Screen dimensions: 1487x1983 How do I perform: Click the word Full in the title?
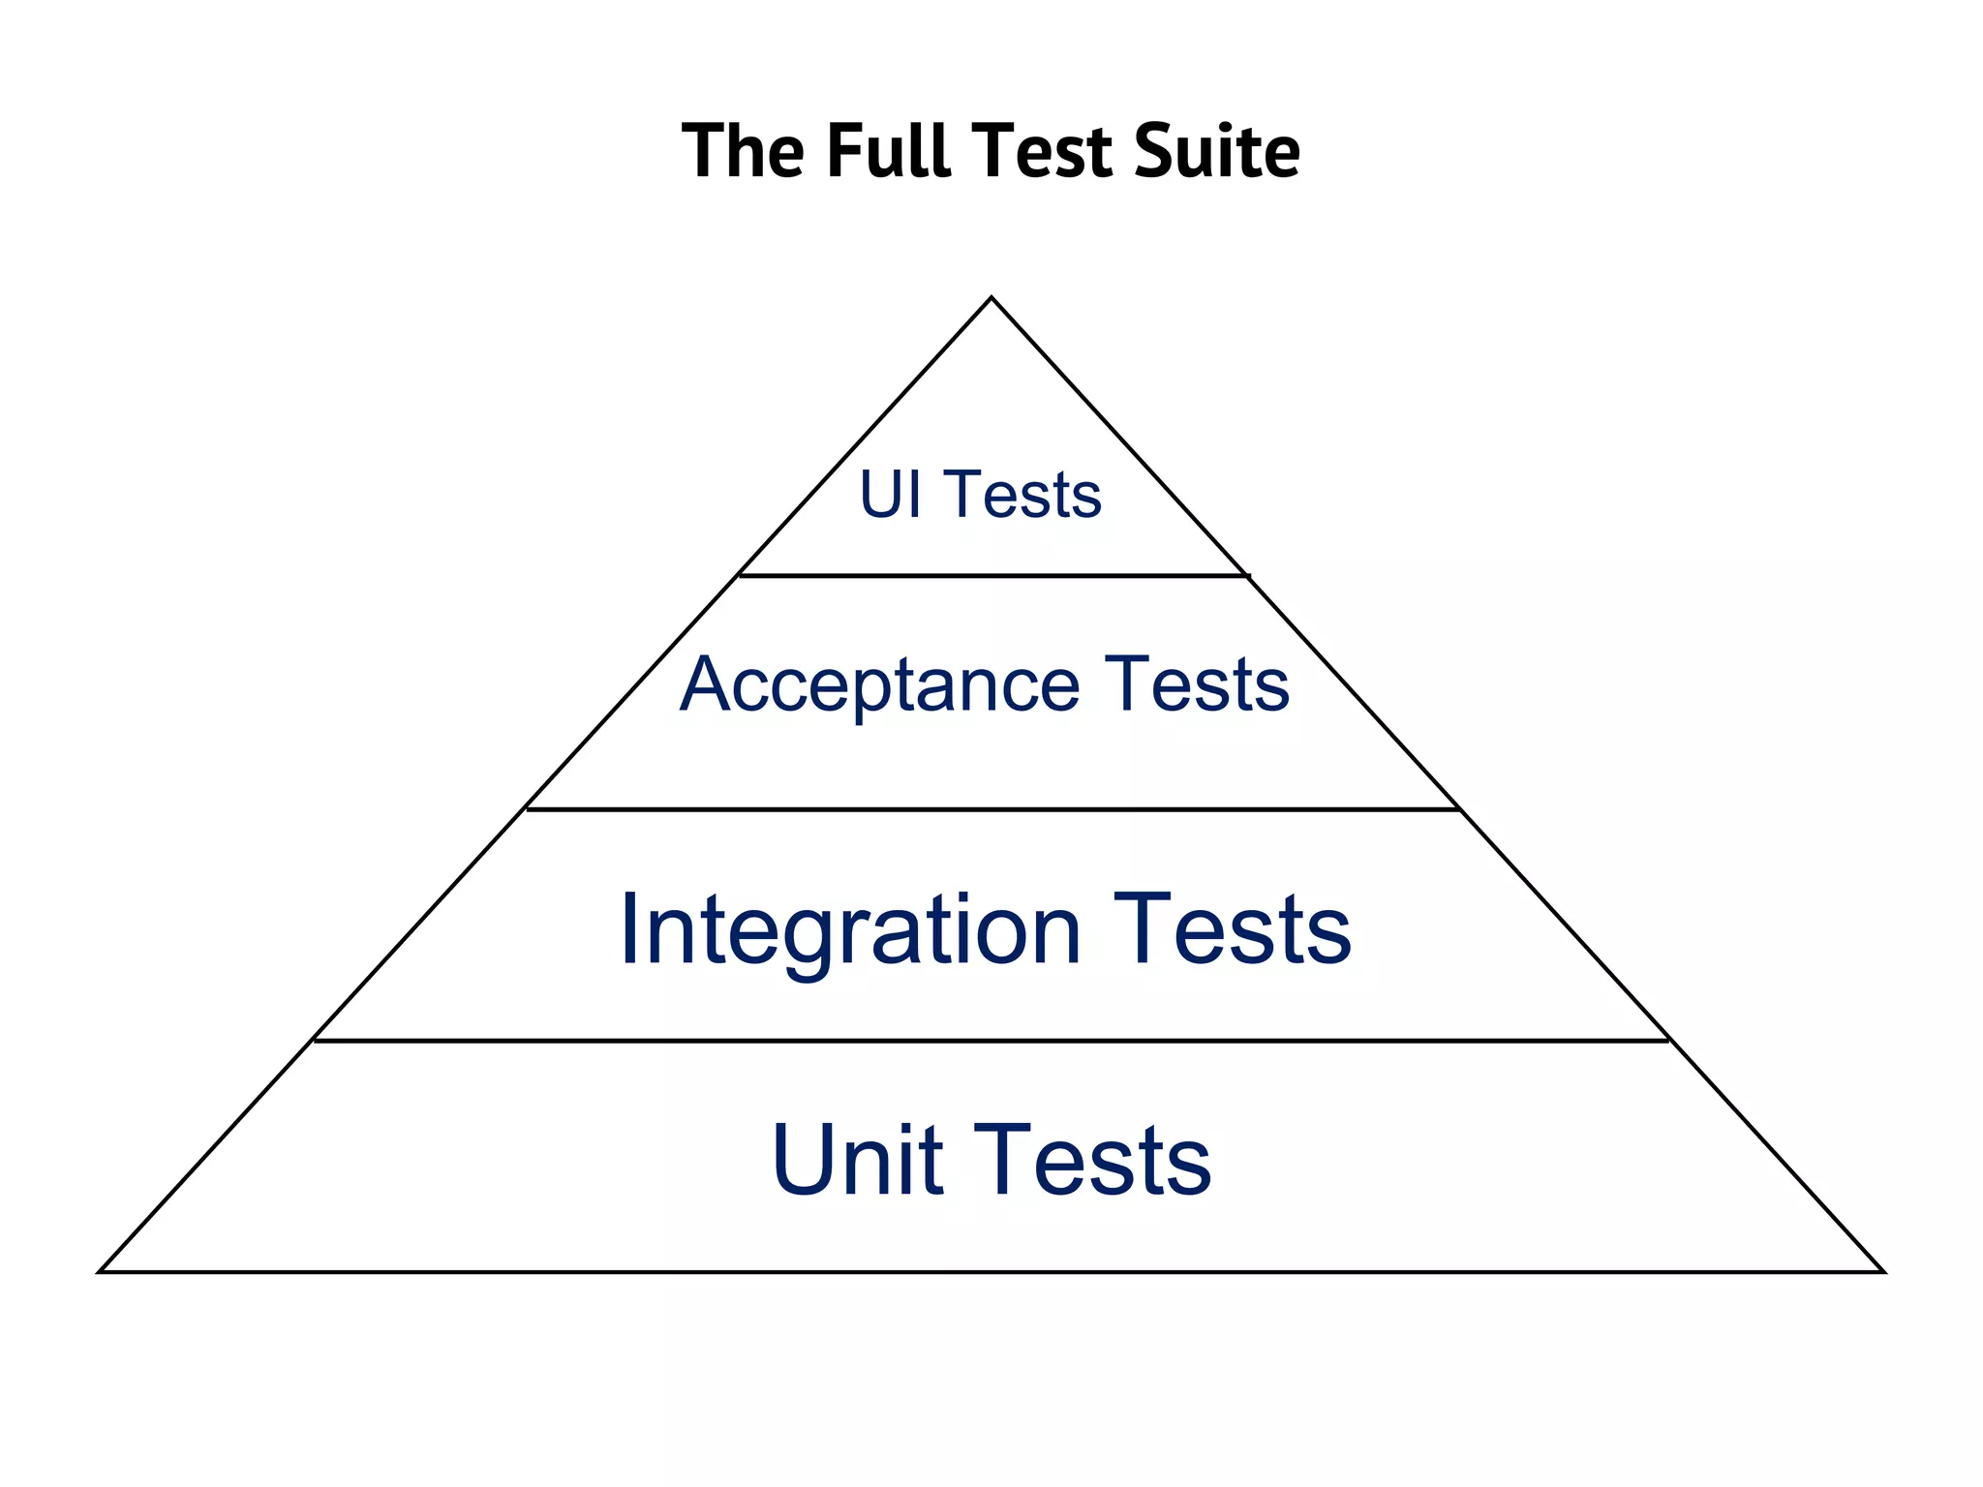pyautogui.click(x=888, y=151)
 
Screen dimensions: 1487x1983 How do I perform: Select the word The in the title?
pyautogui.click(x=743, y=151)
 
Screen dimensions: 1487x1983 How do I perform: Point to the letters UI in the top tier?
pyautogui.click(x=890, y=495)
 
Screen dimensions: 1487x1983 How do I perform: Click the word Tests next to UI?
pyautogui.click(x=1022, y=495)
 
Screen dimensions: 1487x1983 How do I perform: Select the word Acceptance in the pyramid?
pyautogui.click(x=879, y=685)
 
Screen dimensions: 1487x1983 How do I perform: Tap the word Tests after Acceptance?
pyautogui.click(x=1197, y=685)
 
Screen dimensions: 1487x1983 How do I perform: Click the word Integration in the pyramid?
pyautogui.click(x=850, y=929)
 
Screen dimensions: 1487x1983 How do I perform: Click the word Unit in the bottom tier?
pyautogui.click(x=857, y=1160)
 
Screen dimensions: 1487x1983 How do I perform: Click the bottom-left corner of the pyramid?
pyautogui.click(x=101, y=1271)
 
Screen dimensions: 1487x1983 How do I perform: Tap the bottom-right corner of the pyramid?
pyautogui.click(x=1882, y=1271)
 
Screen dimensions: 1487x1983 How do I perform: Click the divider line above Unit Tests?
pyautogui.click(x=991, y=1041)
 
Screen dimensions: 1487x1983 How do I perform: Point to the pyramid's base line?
pyautogui.click(x=991, y=1271)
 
